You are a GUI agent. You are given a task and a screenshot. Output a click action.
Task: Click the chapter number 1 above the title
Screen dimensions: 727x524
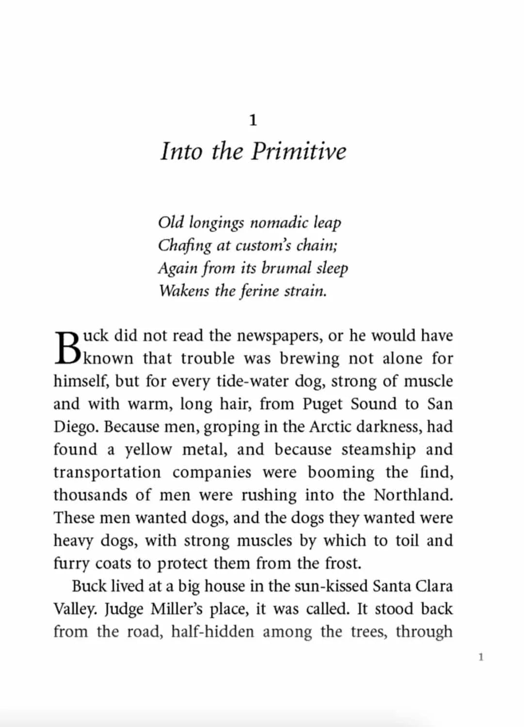click(253, 120)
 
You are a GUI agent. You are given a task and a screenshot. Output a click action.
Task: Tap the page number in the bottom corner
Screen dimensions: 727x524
click(480, 657)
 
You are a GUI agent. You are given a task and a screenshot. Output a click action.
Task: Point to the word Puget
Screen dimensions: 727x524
click(322, 404)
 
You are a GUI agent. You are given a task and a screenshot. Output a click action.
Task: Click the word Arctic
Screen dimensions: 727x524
click(330, 427)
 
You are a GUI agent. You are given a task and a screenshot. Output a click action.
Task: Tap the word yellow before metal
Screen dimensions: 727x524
click(148, 450)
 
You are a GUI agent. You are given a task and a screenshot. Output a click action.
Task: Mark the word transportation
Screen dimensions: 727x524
click(107, 472)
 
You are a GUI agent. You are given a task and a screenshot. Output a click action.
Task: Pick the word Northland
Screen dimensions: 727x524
click(413, 495)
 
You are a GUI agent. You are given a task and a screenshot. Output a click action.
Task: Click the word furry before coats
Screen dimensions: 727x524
click(72, 564)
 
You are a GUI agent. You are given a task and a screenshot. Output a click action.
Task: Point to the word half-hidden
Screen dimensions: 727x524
click(212, 632)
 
